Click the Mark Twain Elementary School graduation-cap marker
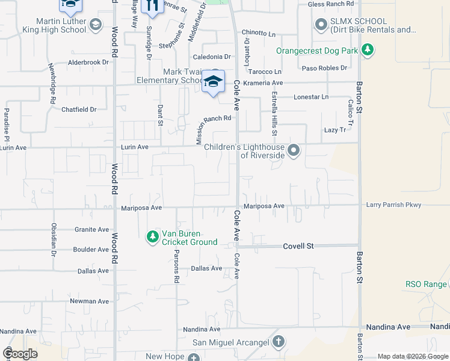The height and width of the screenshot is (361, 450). [x=213, y=82]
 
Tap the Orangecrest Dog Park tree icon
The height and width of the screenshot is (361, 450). [x=368, y=51]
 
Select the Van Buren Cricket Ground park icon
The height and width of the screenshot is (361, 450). [x=153, y=238]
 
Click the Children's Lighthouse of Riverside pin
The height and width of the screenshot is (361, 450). [x=294, y=150]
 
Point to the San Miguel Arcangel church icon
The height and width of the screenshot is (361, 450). [x=278, y=342]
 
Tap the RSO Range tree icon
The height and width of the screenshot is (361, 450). [x=443, y=284]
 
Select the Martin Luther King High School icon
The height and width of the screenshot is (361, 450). [x=95, y=25]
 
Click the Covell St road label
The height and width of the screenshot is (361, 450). [x=299, y=246]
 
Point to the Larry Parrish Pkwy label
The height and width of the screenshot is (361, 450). [x=393, y=206]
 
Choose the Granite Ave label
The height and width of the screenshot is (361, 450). [x=91, y=229]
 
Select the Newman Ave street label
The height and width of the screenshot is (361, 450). [x=89, y=301]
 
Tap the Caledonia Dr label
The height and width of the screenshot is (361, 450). [x=211, y=57]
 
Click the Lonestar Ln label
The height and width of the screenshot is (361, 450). [x=311, y=97]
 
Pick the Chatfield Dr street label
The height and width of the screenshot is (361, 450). [x=79, y=110]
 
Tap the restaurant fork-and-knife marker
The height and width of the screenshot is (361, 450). [x=152, y=5]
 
